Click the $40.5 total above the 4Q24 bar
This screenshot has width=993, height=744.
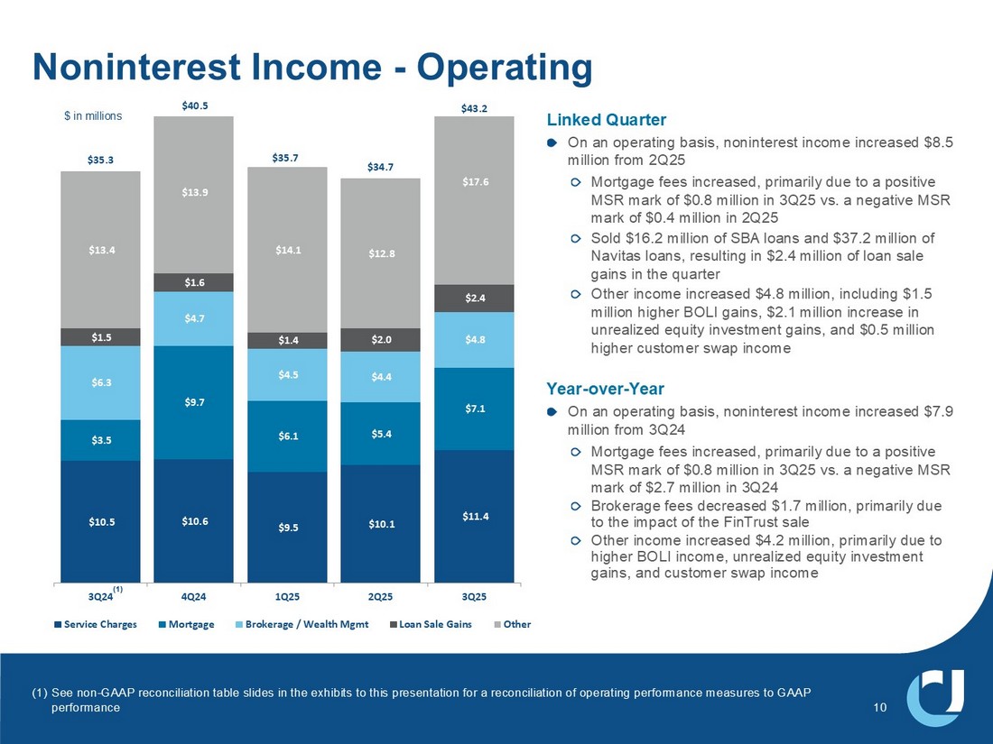pos(193,106)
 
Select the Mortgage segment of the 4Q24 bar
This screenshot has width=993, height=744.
pos(193,402)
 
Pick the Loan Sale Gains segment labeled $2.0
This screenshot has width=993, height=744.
pos(380,340)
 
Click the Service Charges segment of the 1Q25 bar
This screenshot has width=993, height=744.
pos(287,527)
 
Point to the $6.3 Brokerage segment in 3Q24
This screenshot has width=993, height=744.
pos(100,382)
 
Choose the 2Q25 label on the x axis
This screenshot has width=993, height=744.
pos(380,596)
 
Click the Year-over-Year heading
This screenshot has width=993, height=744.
pos(605,389)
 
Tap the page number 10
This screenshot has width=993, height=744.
pos(881,708)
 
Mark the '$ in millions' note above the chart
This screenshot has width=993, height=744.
pos(92,116)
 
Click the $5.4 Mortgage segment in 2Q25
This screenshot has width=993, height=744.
pos(380,434)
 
